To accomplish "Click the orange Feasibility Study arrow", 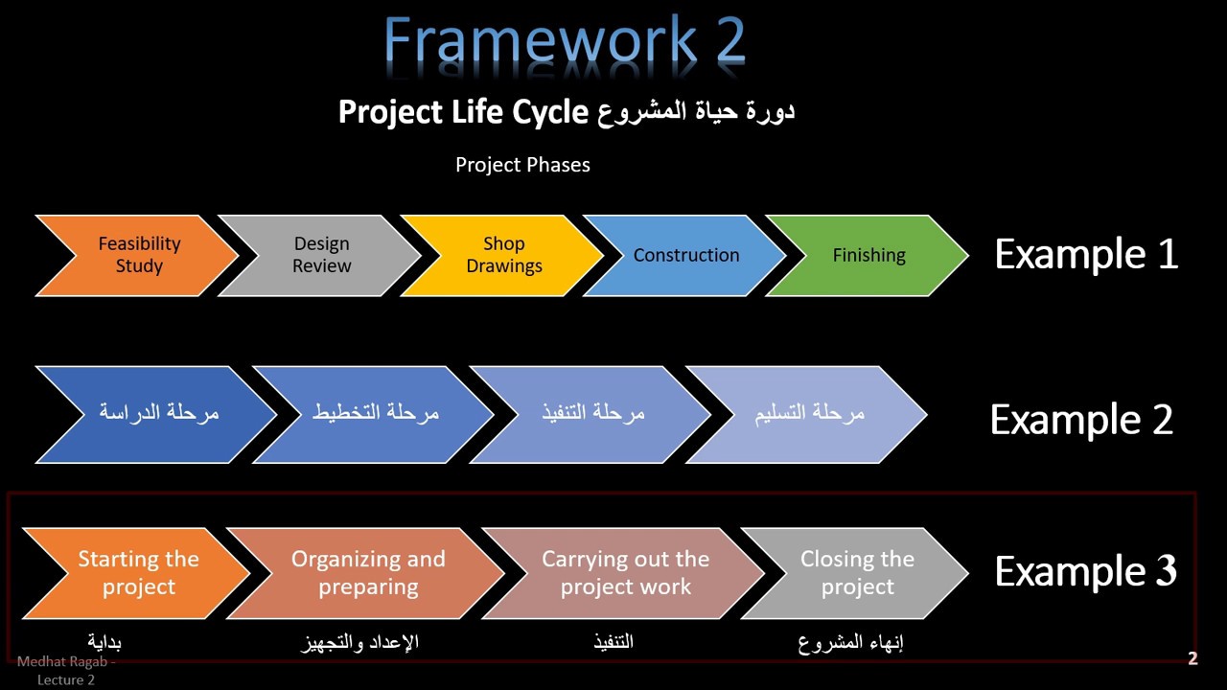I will point(139,255).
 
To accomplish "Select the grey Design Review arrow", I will point(322,255).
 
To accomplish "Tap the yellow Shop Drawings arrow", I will point(504,255).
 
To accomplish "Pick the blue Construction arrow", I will point(686,255).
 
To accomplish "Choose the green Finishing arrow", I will point(868,255).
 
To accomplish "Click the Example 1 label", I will point(1086,254).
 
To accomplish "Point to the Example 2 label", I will point(1081,420).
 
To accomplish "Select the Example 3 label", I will point(1085,571).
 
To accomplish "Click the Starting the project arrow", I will point(139,573).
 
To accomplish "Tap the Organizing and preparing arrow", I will point(368,573).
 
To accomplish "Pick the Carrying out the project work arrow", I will point(625,573).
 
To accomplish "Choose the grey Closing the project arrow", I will point(857,573).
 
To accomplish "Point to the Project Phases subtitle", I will point(522,165).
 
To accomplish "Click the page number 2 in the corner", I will point(1192,658).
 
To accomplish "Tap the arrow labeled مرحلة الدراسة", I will point(159,413).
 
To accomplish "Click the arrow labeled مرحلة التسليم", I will point(809,413).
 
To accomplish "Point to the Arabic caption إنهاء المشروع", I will point(851,642).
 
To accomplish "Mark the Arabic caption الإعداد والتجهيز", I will point(359,642).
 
